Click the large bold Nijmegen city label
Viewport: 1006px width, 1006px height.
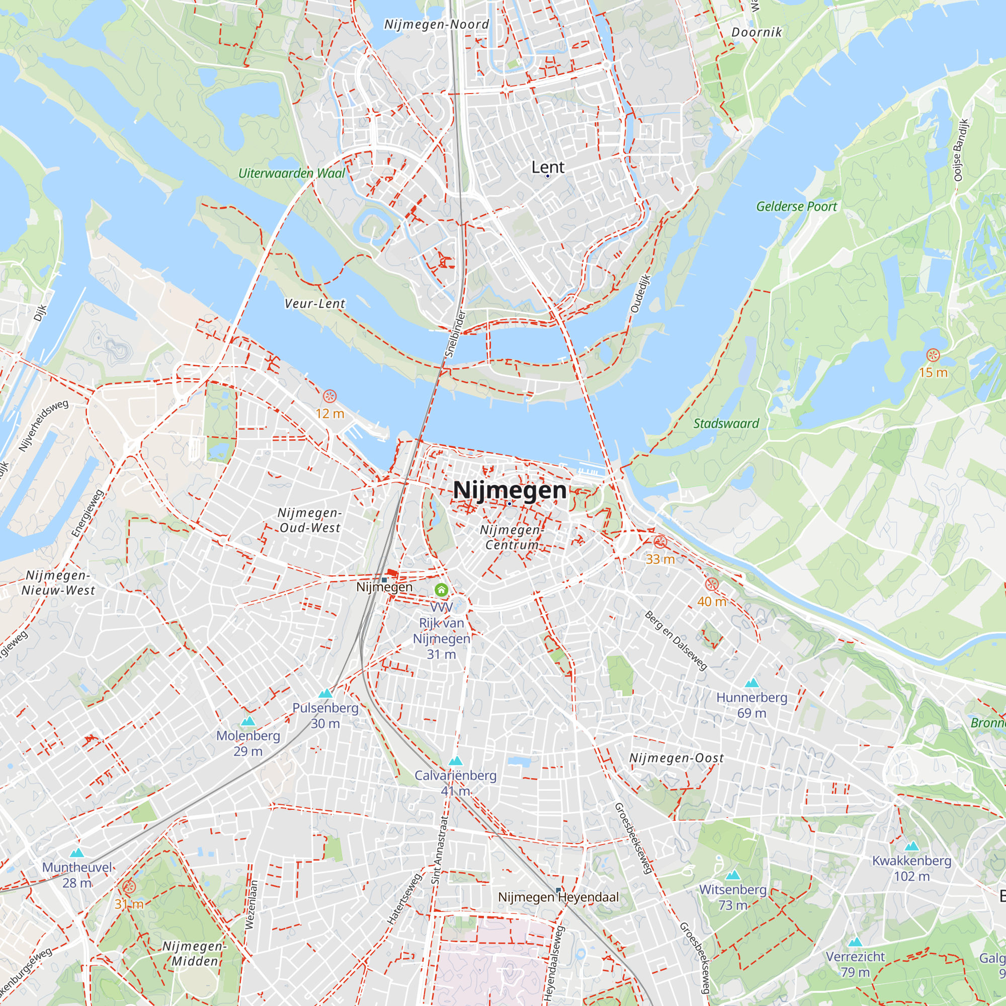coord(509,490)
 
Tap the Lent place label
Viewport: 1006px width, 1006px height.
coord(547,167)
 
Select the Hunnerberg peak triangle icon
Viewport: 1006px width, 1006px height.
coord(751,683)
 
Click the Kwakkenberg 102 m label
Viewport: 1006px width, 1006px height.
coord(911,868)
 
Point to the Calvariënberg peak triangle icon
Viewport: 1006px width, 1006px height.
coord(455,761)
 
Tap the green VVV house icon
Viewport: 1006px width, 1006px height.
coord(441,590)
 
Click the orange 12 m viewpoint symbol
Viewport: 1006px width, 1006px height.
coord(329,396)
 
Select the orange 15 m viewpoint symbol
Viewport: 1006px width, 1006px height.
coord(933,355)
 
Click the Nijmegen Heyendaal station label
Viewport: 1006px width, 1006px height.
coord(558,897)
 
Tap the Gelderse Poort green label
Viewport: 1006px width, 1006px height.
coord(796,207)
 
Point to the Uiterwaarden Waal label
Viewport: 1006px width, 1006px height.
coord(292,174)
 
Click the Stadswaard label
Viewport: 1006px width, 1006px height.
coord(726,424)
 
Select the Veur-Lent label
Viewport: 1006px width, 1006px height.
coord(314,304)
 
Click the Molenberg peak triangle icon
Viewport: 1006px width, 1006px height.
coord(248,721)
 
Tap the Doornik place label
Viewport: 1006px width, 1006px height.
coord(756,32)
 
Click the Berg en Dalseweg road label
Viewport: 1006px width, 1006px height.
coord(676,640)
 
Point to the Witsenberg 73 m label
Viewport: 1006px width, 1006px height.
coord(733,897)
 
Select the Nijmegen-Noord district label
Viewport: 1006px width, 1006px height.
coord(436,25)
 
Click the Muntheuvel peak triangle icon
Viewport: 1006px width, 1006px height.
coord(76,853)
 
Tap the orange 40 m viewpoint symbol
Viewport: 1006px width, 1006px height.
coord(712,584)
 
